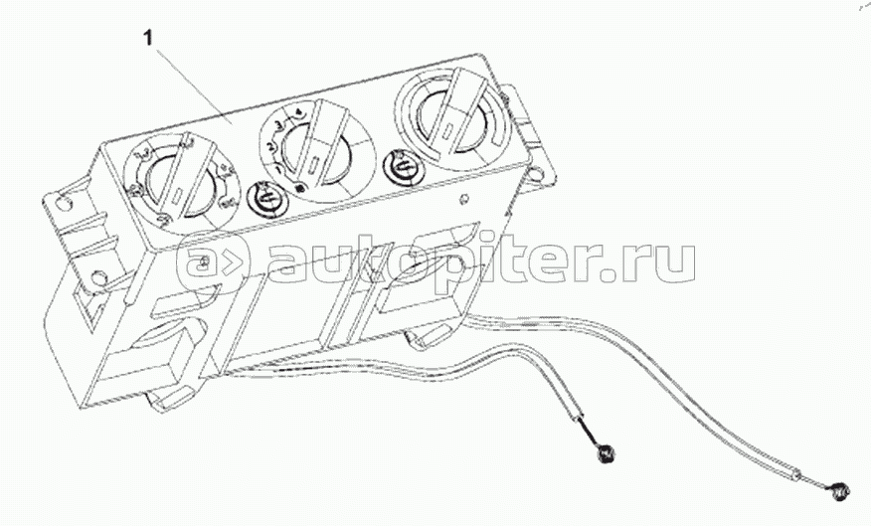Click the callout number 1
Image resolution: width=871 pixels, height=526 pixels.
tap(148, 40)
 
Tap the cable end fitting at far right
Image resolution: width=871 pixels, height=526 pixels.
tap(842, 490)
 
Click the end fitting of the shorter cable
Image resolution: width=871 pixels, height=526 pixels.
tap(603, 454)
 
